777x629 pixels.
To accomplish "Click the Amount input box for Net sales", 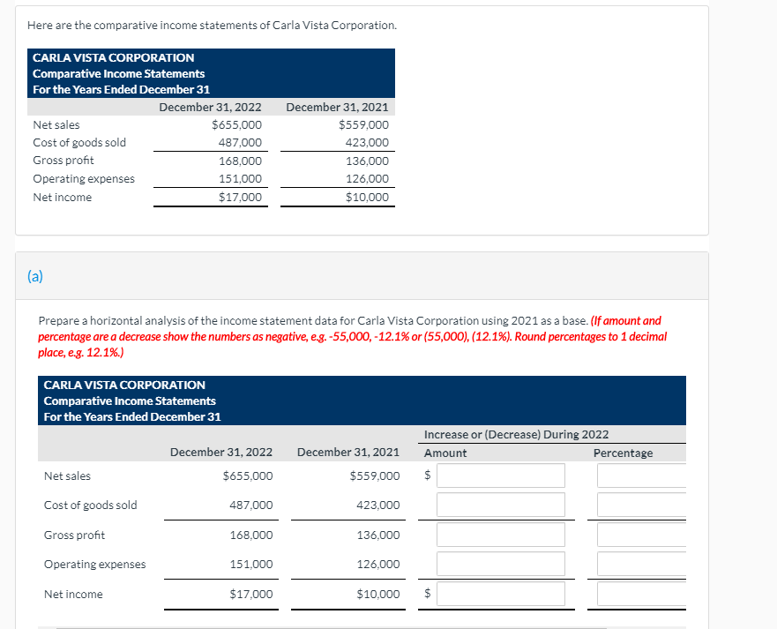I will (500, 475).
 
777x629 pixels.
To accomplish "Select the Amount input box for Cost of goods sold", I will (500, 505).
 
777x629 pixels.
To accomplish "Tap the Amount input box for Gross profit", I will (500, 535).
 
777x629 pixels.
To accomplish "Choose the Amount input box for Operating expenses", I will (500, 564).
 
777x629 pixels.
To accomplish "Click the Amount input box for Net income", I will (500, 594).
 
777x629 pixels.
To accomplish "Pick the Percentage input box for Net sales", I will (641, 475).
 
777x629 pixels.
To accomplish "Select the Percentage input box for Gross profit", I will (641, 535).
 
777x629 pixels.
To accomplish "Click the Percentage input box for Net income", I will (641, 594).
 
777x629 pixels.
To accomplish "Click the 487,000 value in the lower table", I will (251, 505).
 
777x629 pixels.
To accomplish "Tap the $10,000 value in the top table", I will (367, 197).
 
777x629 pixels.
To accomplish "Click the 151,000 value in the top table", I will (240, 179).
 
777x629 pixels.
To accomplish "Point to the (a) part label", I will (34, 276).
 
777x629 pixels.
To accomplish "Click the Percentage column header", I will (623, 453).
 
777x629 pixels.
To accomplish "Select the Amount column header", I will (445, 453).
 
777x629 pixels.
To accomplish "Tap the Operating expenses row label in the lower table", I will (95, 565).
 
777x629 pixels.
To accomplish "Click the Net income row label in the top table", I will (62, 197).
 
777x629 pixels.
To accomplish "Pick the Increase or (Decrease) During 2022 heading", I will (516, 435).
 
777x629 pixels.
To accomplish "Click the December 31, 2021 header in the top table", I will (337, 107).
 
